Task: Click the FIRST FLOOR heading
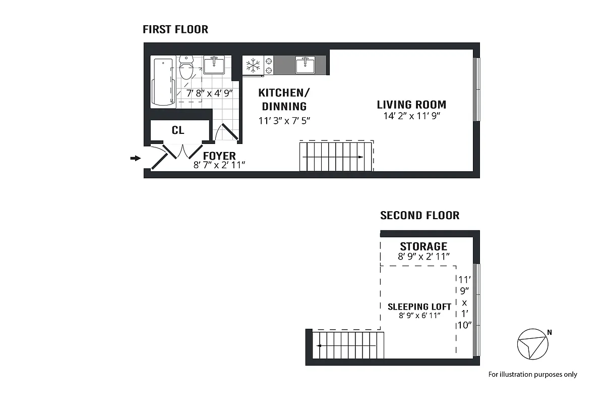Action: pyautogui.click(x=175, y=29)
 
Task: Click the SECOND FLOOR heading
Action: pyautogui.click(x=419, y=216)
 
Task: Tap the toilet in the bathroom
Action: pyautogui.click(x=187, y=69)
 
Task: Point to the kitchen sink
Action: pyautogui.click(x=305, y=65)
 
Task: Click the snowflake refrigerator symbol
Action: pyautogui.click(x=253, y=66)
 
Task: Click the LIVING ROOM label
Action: pyautogui.click(x=411, y=105)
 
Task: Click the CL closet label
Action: pyautogui.click(x=178, y=130)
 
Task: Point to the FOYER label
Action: pyautogui.click(x=219, y=156)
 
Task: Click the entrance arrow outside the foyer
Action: pyautogui.click(x=135, y=159)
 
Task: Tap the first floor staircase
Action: pyautogui.click(x=336, y=156)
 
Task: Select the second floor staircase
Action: pyautogui.click(x=348, y=345)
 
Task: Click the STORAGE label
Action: pyautogui.click(x=423, y=246)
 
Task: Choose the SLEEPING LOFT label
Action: pyautogui.click(x=419, y=307)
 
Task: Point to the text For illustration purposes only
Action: pyautogui.click(x=532, y=375)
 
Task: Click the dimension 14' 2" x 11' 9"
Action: pyautogui.click(x=411, y=116)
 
